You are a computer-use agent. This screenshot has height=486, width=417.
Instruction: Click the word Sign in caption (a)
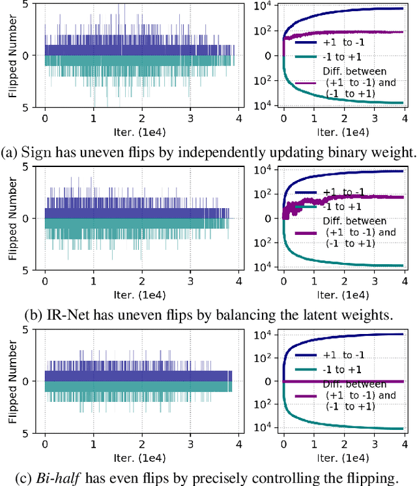[x=35, y=153]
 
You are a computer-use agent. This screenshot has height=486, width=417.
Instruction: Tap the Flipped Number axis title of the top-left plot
[x=12, y=55]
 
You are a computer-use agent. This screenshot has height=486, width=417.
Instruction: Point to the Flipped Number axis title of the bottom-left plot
[x=12, y=381]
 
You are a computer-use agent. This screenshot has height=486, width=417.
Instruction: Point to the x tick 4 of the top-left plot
[x=238, y=119]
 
